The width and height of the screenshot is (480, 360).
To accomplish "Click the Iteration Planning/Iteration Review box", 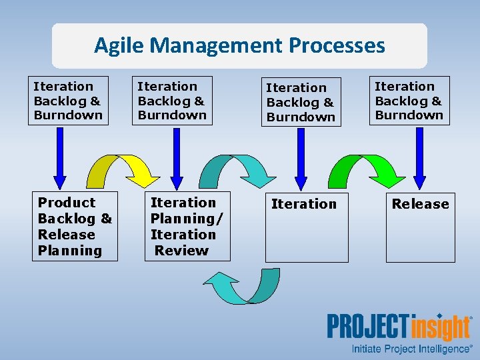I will [x=188, y=227].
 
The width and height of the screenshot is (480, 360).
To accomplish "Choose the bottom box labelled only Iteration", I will [x=306, y=227].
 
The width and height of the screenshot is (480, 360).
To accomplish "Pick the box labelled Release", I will [x=420, y=227].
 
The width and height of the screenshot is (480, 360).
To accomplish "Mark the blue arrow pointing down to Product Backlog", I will [x=60, y=157].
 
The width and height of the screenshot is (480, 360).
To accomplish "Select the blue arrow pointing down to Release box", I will [x=419, y=157].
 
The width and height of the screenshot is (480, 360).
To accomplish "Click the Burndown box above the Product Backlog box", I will [x=68, y=101].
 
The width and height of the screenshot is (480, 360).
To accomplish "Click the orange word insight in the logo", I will [x=440, y=328].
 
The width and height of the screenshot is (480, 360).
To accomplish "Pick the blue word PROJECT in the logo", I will [x=367, y=328].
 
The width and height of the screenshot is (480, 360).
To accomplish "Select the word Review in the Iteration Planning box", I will [x=181, y=251].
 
